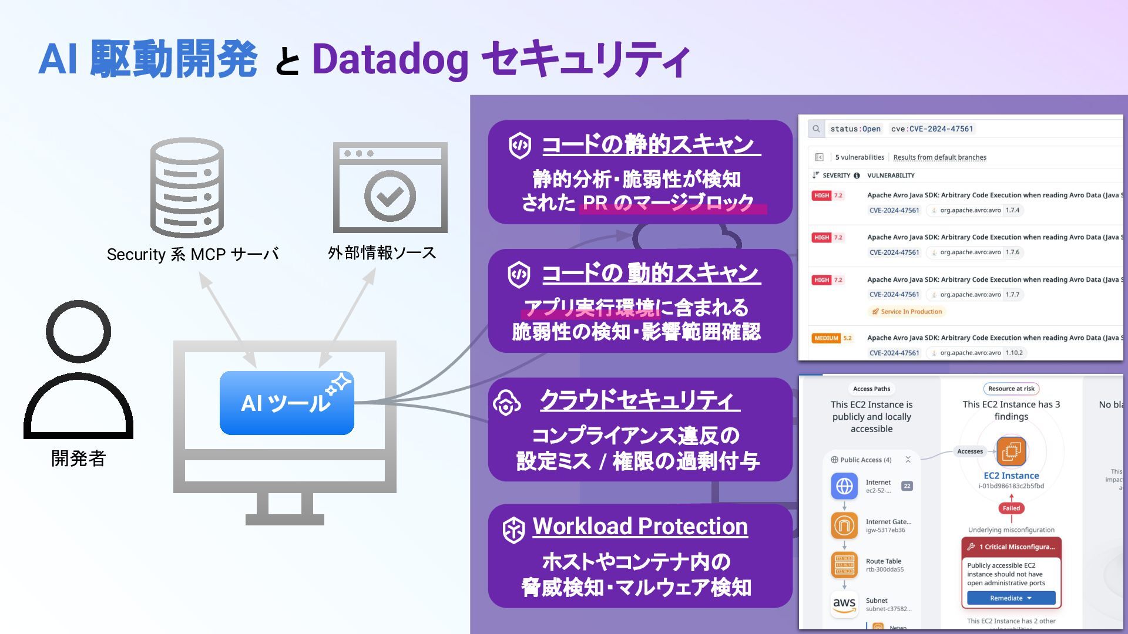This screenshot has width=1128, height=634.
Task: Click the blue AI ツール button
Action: (x=287, y=403)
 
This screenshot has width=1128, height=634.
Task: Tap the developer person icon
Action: (x=78, y=370)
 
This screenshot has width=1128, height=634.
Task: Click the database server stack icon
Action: (x=187, y=188)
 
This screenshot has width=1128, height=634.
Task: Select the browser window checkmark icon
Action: (x=390, y=188)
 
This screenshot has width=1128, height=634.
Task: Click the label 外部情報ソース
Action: (x=382, y=253)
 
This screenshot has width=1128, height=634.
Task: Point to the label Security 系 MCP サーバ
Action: (x=193, y=254)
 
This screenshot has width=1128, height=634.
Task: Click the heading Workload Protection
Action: (x=640, y=526)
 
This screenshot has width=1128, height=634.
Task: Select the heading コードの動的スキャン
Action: (x=650, y=273)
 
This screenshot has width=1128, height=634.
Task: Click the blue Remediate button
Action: (x=1010, y=598)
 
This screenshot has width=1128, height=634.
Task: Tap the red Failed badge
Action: (x=1011, y=508)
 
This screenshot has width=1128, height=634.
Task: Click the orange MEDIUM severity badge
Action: (x=826, y=338)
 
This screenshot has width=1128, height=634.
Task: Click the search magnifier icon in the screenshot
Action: (x=816, y=129)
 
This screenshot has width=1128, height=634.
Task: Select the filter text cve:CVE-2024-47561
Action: (x=932, y=129)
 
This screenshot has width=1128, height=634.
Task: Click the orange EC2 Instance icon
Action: (x=1011, y=451)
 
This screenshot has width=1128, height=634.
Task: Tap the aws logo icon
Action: (x=844, y=604)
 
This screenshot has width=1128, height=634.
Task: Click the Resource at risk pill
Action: (x=1011, y=389)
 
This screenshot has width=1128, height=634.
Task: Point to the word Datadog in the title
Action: (x=390, y=60)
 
